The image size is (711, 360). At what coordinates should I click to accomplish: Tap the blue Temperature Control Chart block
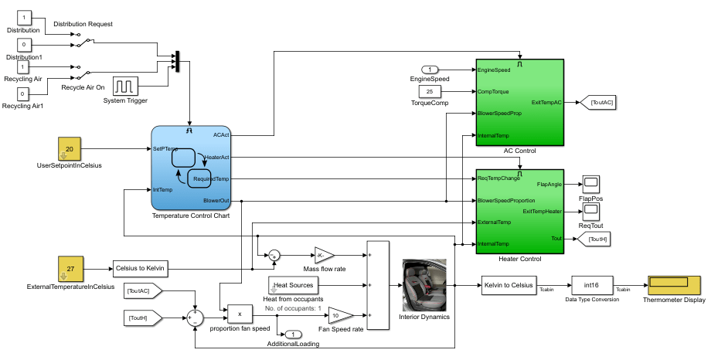click(191, 167)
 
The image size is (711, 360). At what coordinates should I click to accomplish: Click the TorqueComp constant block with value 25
click(429, 91)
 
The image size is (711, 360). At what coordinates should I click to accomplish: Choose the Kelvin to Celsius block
click(508, 284)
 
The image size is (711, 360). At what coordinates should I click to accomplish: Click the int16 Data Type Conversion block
click(592, 284)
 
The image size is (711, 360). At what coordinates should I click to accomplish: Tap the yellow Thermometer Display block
click(674, 284)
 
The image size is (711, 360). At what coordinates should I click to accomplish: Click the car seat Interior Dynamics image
click(424, 284)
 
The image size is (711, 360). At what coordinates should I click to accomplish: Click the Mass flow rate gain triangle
click(323, 255)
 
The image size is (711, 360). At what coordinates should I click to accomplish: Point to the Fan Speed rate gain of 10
click(339, 315)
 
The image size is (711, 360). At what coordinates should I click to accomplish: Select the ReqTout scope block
click(590, 210)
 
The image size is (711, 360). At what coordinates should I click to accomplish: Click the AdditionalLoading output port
click(293, 335)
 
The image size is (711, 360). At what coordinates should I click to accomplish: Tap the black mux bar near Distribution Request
click(177, 62)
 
